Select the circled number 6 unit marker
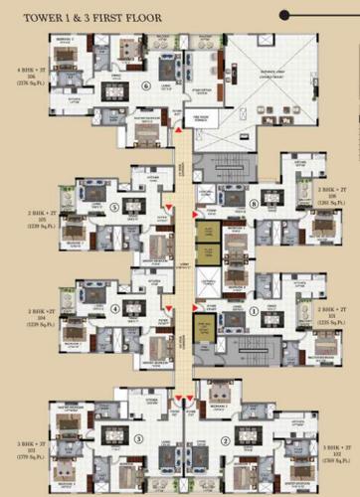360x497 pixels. [x=145, y=85]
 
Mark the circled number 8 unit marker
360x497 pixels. [x=255, y=205]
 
